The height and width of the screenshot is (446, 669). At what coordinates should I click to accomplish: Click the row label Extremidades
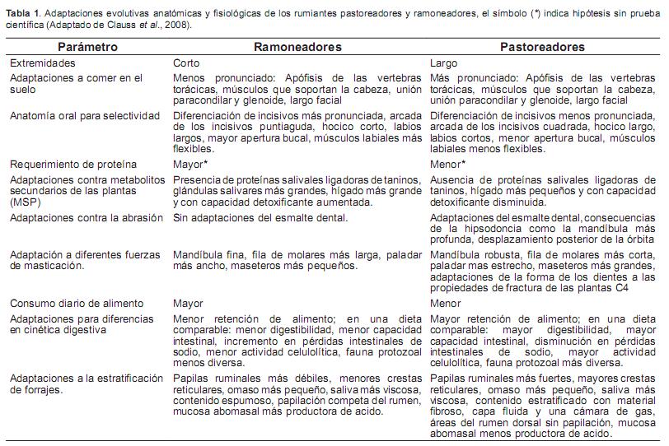point(42,63)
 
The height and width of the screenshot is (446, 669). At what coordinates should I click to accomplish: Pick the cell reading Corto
point(186,63)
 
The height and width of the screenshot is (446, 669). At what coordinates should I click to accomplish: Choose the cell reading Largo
point(445,63)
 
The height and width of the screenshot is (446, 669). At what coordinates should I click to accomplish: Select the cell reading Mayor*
point(189,165)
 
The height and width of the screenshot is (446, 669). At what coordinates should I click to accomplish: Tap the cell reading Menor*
point(447,165)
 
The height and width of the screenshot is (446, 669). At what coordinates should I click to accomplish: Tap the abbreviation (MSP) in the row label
point(25,202)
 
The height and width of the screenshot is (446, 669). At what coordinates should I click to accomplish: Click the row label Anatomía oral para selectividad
point(85,116)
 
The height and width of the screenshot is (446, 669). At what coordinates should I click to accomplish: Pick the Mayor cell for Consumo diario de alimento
point(188,304)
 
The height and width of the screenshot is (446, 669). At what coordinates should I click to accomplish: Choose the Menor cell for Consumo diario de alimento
point(446,304)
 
